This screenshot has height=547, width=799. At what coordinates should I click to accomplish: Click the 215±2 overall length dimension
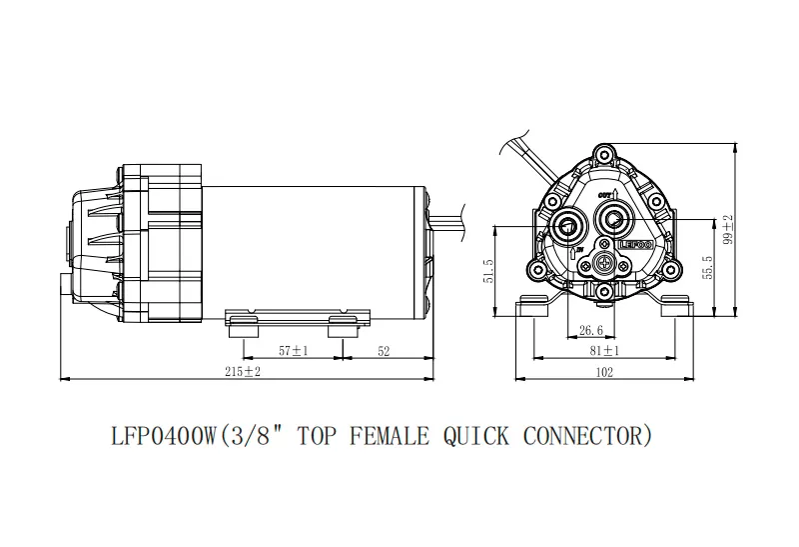(241, 371)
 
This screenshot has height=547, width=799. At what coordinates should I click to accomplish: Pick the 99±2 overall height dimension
(729, 228)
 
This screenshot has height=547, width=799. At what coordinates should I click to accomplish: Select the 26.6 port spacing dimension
(590, 329)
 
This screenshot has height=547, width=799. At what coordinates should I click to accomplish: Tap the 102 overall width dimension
(604, 372)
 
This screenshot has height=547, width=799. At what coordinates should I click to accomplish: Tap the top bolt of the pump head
(602, 154)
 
